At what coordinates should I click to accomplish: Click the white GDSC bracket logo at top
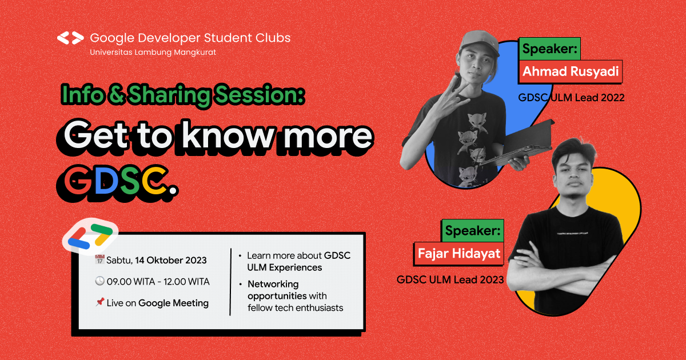click(x=70, y=38)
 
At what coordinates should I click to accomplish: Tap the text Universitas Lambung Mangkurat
click(x=153, y=52)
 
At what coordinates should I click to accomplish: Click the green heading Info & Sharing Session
click(x=182, y=95)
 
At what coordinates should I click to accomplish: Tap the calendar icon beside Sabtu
click(x=99, y=260)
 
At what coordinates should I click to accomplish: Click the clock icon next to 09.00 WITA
click(x=99, y=282)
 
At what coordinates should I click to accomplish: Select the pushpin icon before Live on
click(x=99, y=303)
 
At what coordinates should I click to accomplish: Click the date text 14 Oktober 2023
click(x=170, y=261)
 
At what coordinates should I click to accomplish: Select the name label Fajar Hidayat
click(x=459, y=253)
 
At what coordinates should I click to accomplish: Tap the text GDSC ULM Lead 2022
click(x=571, y=98)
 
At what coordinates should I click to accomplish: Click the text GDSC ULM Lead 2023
click(x=450, y=279)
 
